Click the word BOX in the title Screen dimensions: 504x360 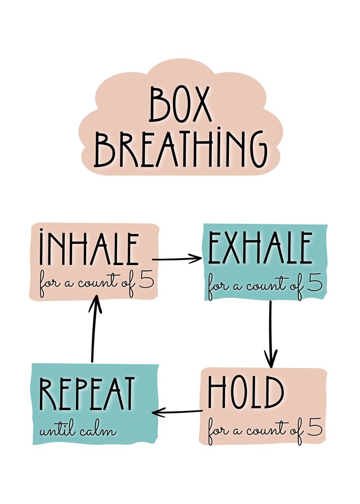[x=180, y=103]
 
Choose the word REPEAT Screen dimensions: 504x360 [x=87, y=394]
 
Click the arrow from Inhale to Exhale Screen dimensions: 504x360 [x=177, y=259]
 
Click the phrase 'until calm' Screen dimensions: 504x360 [x=78, y=430]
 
